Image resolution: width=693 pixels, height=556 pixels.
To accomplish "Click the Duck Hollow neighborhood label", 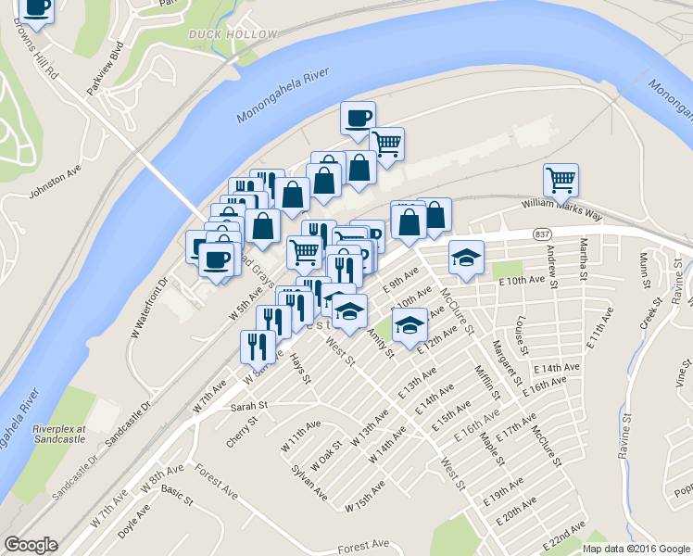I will point(233,34).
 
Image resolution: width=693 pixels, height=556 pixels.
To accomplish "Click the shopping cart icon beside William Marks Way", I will point(561,180).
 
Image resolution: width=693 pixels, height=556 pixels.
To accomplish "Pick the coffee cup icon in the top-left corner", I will point(37,8).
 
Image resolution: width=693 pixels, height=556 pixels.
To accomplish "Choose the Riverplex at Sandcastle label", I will point(58,435).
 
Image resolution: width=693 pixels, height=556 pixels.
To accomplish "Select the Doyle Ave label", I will point(133,525).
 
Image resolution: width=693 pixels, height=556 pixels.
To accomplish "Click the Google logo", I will point(31,545).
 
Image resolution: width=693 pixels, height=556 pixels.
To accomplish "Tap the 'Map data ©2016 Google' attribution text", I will point(636,549).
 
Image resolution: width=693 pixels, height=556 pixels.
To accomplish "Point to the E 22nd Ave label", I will point(567,537).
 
